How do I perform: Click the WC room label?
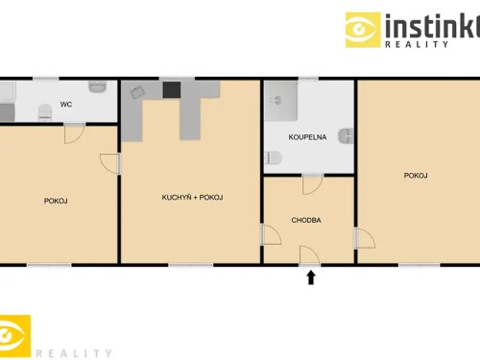coord(66,104)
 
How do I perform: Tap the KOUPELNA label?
coord(308,137)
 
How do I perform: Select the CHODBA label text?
coord(306,220)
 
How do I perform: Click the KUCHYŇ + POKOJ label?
coord(192,198)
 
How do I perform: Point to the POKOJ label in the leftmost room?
coord(56,201)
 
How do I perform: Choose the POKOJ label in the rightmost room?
coord(416,175)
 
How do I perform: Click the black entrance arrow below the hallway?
coord(310,277)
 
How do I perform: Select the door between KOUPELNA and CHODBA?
coord(311,183)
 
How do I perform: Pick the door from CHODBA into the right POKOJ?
coord(364,238)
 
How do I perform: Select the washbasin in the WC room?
coord(97,86)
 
